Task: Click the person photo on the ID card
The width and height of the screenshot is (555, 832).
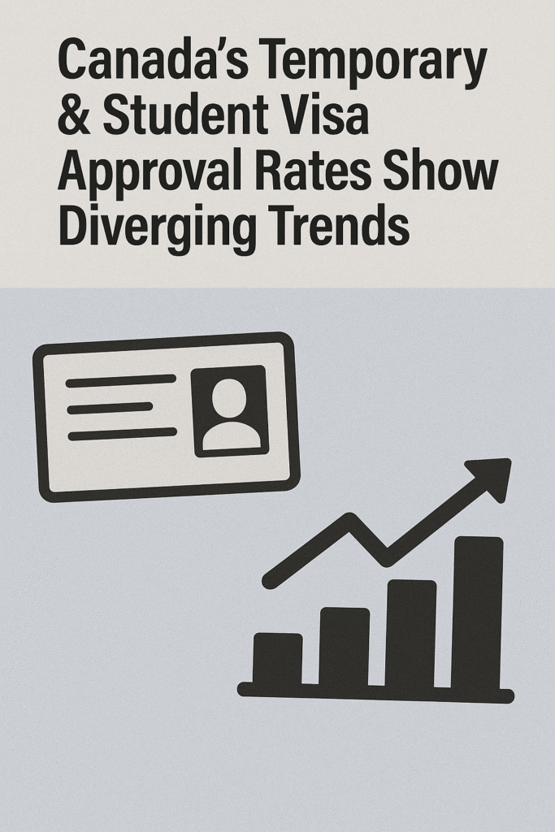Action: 230,410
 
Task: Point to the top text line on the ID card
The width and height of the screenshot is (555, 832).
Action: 121,379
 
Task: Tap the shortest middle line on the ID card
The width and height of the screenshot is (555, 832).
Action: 111,407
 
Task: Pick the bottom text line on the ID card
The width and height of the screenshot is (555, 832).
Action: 122,434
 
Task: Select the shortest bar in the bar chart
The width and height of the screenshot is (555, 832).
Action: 277,659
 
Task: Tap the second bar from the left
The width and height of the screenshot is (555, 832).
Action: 344,647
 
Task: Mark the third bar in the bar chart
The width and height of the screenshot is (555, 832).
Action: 410,633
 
